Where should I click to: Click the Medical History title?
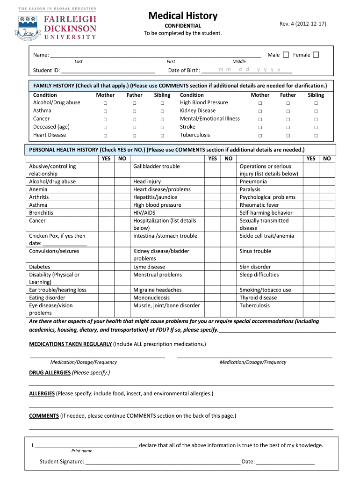[x=183, y=16]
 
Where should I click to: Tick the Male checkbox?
[x=286, y=55]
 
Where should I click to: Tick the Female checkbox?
[x=316, y=55]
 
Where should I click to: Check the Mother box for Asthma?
[x=106, y=111]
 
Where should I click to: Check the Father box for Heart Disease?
[x=134, y=135]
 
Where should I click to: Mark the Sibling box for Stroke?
[x=316, y=127]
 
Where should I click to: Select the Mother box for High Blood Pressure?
[x=260, y=103]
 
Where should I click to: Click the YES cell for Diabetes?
[x=106, y=267]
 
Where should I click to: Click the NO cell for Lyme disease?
[x=228, y=267]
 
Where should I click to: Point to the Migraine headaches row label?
[x=158, y=290]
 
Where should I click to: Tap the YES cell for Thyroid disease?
[x=311, y=298]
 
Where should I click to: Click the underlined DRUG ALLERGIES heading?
[x=50, y=373]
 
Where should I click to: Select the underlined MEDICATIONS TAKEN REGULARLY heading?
[x=71, y=344]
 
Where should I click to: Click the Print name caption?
[x=82, y=451]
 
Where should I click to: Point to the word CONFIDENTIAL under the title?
[x=183, y=26]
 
